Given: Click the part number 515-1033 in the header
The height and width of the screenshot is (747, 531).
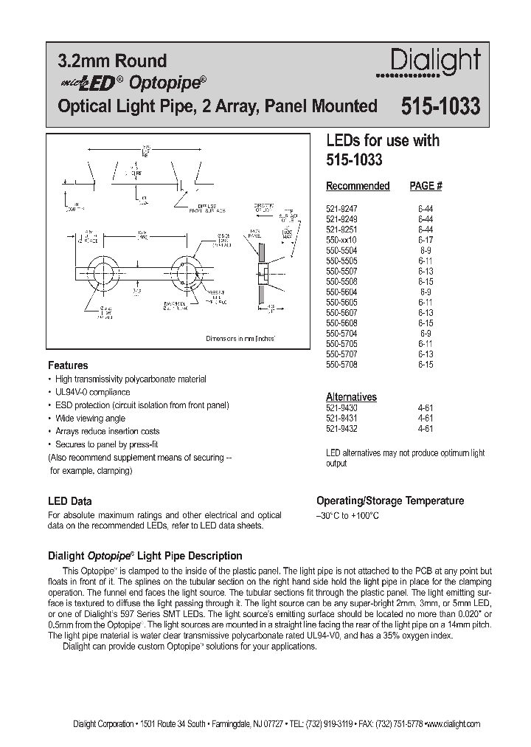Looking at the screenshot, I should [x=440, y=107].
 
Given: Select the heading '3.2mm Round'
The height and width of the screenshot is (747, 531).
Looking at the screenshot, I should [x=112, y=61].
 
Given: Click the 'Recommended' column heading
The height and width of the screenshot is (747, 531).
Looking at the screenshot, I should [x=357, y=186].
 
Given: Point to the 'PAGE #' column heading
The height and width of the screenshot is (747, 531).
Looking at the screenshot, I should [x=426, y=186].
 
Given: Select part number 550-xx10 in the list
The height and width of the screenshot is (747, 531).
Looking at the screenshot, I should [x=341, y=240].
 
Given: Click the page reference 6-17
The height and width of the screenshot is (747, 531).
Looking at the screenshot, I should [x=425, y=240].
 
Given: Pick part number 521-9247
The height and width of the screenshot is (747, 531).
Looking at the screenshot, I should [x=341, y=209].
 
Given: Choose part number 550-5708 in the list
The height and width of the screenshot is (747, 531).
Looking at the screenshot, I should [x=341, y=364].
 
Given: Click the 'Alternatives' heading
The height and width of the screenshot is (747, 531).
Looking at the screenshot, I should [x=351, y=396].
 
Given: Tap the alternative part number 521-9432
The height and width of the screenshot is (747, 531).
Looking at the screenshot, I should [x=341, y=427].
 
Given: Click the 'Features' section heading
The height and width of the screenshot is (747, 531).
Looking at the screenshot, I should [x=68, y=365].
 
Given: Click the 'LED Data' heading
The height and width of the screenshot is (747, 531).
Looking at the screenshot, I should [x=69, y=501].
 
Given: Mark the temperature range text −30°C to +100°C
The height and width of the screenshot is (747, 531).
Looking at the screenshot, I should [x=347, y=515].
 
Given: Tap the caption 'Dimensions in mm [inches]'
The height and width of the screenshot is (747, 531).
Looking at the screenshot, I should [x=240, y=338].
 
